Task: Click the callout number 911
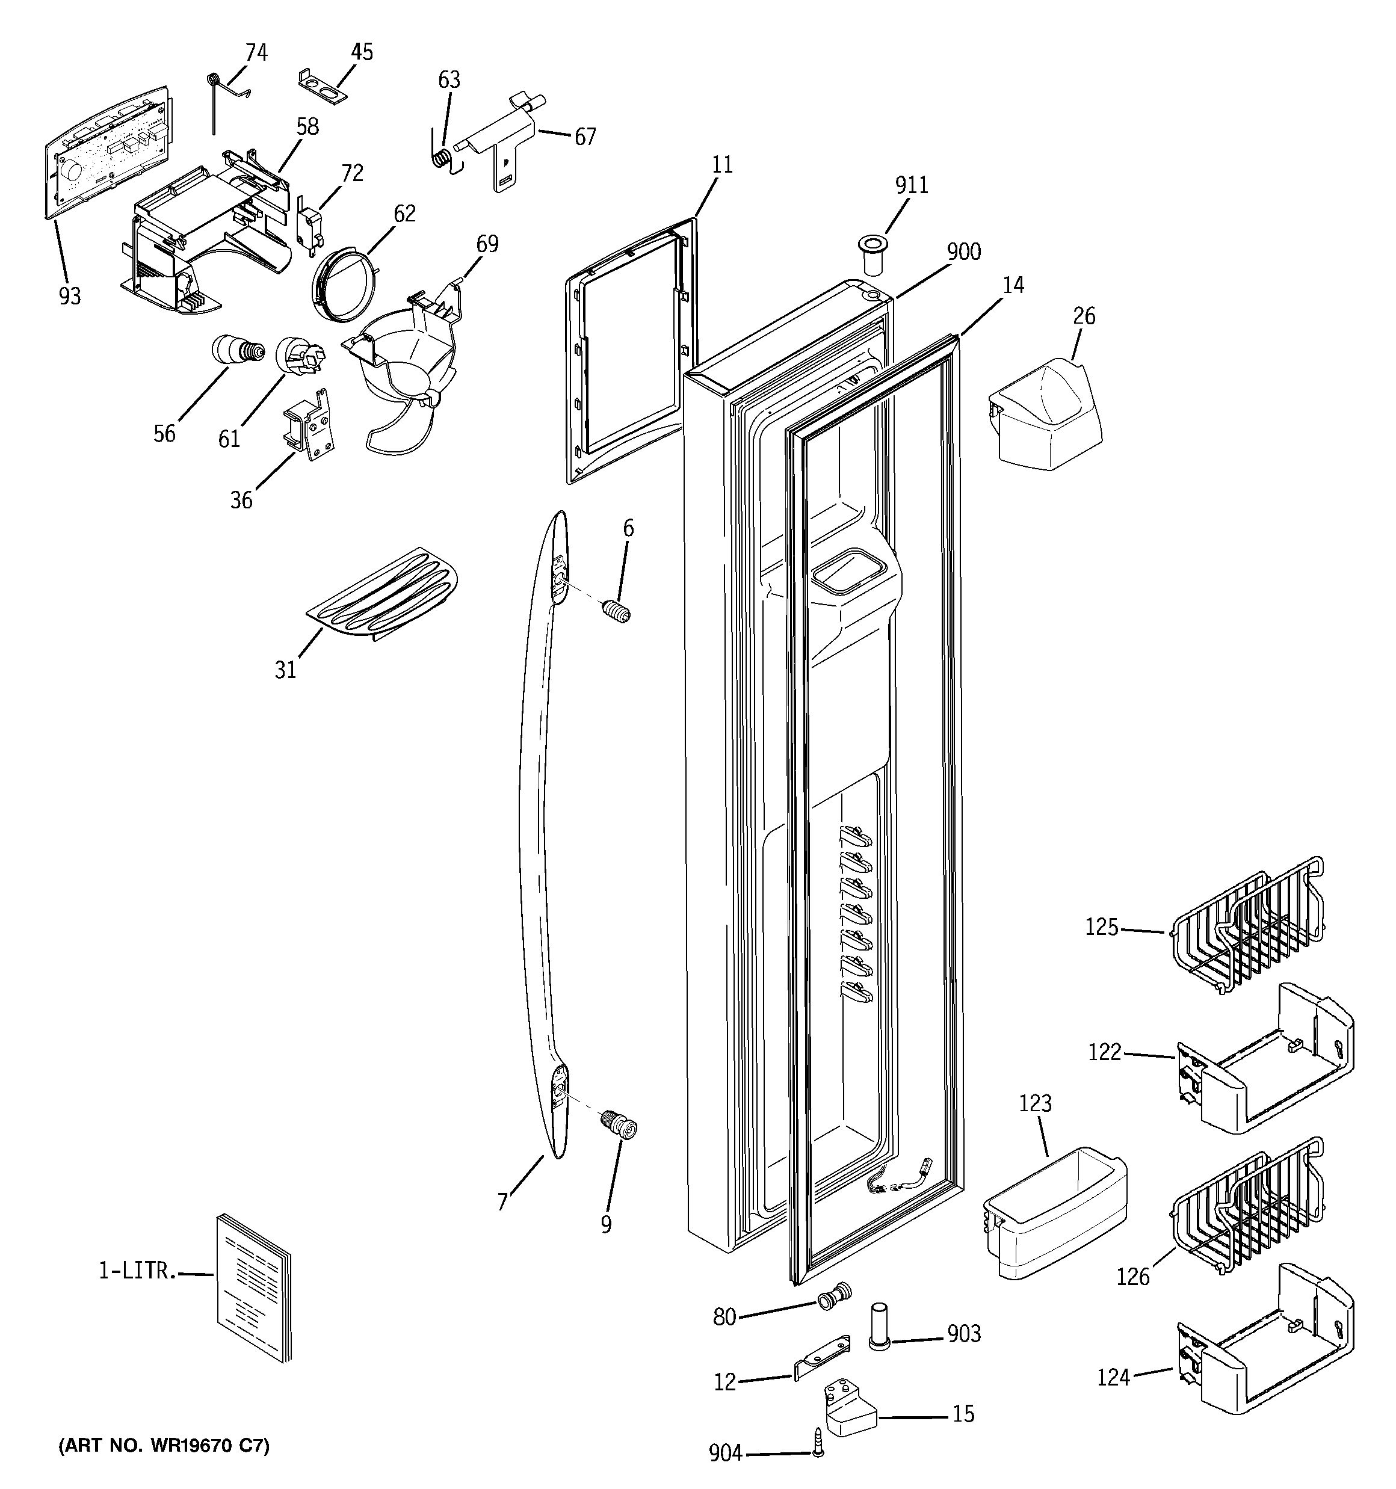(911, 185)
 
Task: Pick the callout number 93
(70, 297)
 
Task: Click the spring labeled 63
(443, 157)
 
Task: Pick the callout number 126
(1132, 1275)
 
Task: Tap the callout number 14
(1013, 285)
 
